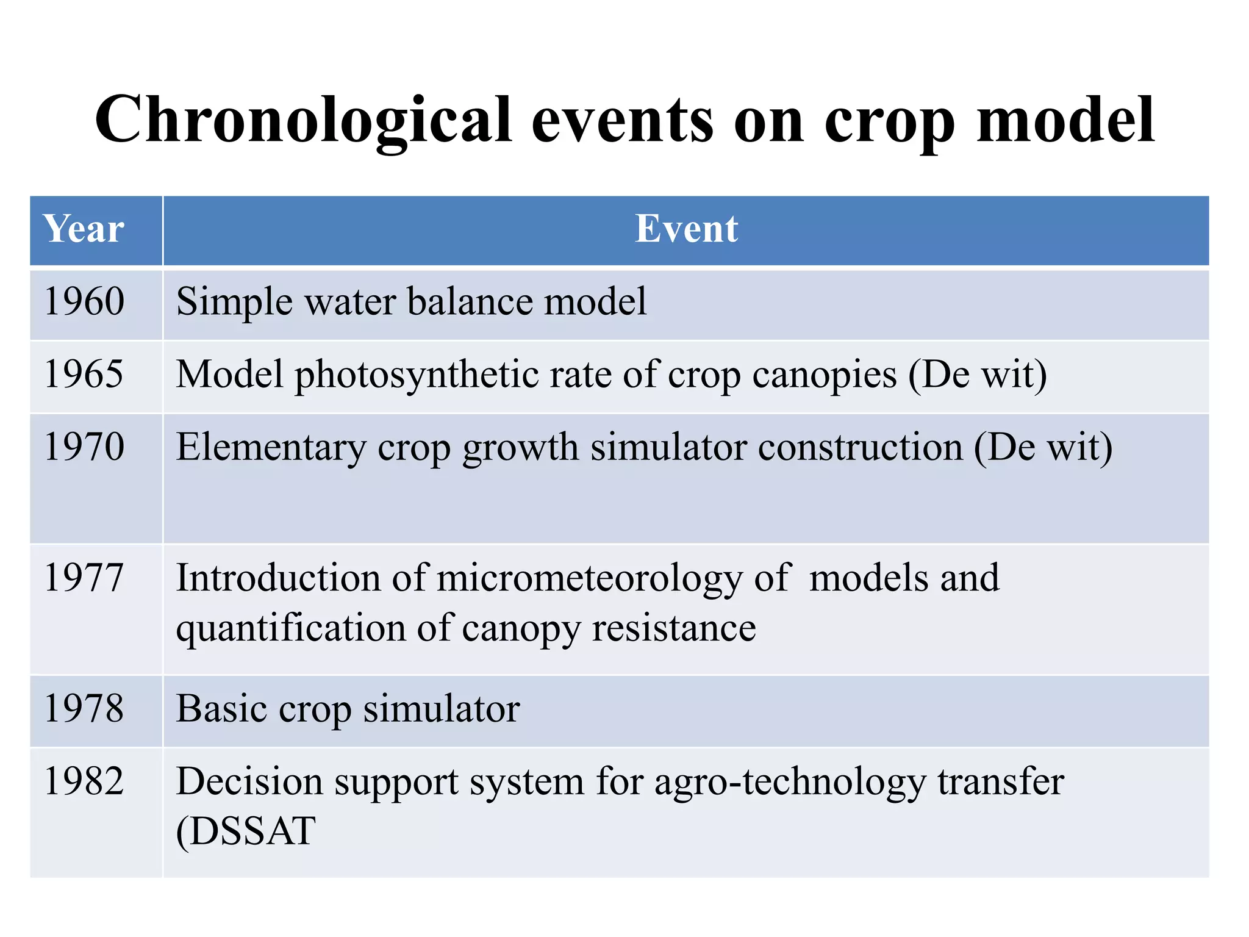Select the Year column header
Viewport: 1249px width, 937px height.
(x=84, y=229)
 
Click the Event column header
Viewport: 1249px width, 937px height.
(x=686, y=229)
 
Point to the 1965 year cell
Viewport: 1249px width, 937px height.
(x=84, y=374)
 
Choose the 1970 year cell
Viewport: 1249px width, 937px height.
(x=85, y=447)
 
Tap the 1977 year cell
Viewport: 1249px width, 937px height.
(x=84, y=578)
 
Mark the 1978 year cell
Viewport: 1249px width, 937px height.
(x=84, y=709)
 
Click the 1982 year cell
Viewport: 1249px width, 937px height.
(x=84, y=781)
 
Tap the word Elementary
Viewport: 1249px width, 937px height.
(x=271, y=447)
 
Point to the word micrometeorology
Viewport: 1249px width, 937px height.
(x=589, y=578)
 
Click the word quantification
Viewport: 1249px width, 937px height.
(x=291, y=628)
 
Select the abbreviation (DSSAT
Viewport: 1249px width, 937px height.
(x=246, y=831)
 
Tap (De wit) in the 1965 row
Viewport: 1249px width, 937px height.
(x=978, y=374)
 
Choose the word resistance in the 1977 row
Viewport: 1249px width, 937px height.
(x=674, y=628)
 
